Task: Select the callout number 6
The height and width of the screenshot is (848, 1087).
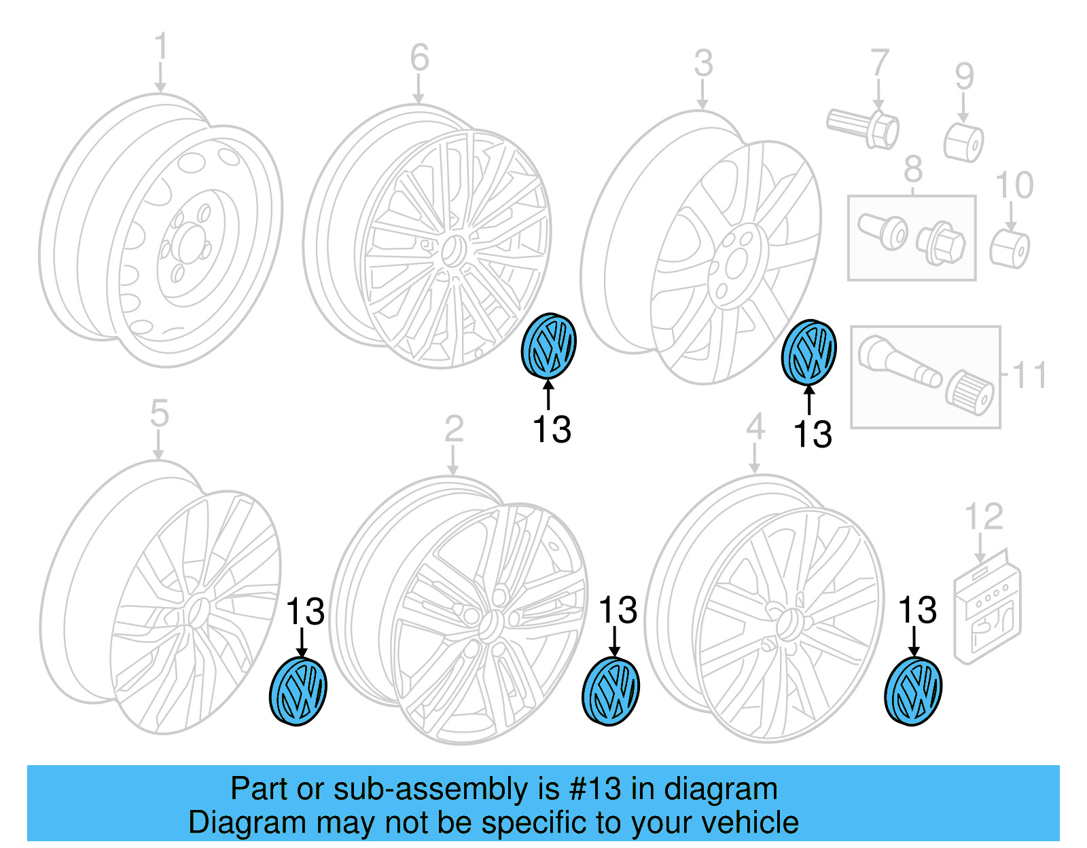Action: coord(419,57)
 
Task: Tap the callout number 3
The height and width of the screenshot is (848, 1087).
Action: coord(703,63)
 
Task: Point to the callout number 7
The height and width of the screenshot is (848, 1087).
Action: coord(879,62)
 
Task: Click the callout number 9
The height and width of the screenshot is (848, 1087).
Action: coord(964,76)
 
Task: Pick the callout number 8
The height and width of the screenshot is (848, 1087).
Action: coord(913,169)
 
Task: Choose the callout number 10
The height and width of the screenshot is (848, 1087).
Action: coord(1014,185)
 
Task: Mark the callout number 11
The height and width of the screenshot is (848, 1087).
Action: coord(1029,375)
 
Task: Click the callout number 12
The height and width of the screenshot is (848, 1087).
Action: coord(983,517)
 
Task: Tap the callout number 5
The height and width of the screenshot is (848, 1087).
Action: coord(159,413)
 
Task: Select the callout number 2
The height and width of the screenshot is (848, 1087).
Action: coord(454,429)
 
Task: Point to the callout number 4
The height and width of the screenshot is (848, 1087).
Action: coord(755,428)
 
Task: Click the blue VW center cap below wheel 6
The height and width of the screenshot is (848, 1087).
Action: coord(548,346)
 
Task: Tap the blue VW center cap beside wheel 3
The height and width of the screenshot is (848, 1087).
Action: coord(808,352)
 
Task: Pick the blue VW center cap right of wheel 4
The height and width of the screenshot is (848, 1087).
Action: coord(913,691)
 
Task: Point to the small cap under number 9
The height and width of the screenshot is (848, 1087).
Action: coord(963,143)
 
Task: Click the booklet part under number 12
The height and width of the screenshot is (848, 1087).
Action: coord(987,610)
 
